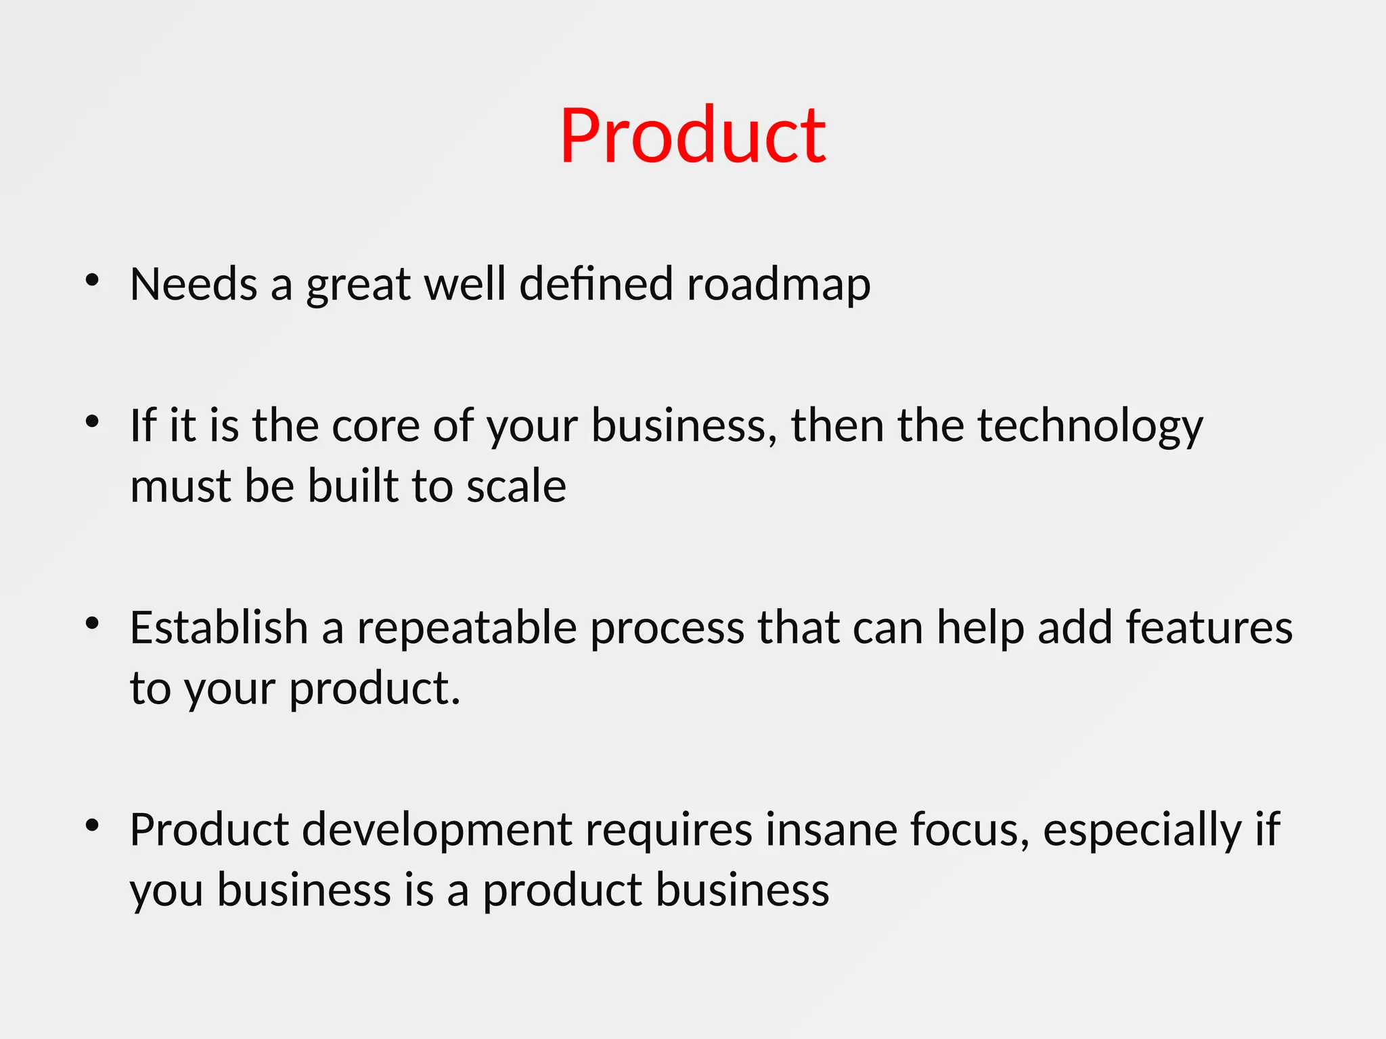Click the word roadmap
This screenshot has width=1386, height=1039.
coord(778,284)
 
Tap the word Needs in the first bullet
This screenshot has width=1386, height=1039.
coord(194,284)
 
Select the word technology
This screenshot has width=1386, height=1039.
coord(1090,428)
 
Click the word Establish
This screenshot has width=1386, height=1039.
coord(219,628)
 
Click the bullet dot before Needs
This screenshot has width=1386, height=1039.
coord(93,280)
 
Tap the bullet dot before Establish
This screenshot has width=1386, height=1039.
coord(93,624)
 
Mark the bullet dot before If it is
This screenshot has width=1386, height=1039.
coord(93,422)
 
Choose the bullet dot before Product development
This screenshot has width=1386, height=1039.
coord(93,825)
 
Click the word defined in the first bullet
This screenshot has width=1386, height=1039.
coord(596,284)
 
